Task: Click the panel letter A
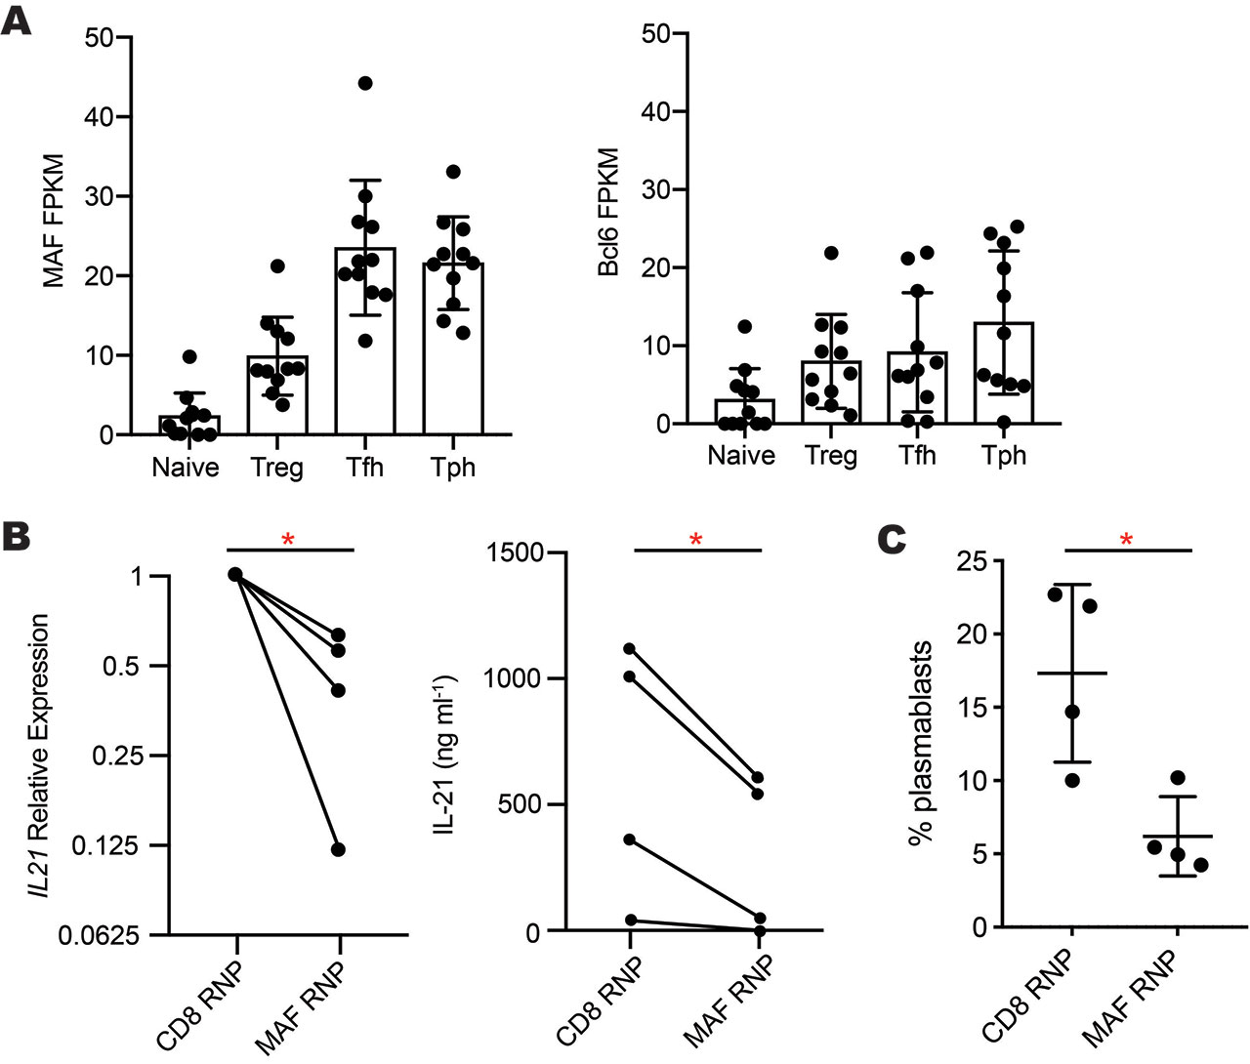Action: (x=17, y=19)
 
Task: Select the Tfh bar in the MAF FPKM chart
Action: (x=365, y=342)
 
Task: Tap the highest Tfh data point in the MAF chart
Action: (x=365, y=83)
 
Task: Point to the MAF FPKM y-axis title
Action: (x=54, y=220)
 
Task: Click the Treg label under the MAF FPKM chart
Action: (x=276, y=468)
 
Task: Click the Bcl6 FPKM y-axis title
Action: (x=608, y=212)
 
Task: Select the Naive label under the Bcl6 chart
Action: (x=741, y=456)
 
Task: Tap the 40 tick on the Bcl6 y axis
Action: (x=655, y=112)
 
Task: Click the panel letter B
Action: (x=17, y=536)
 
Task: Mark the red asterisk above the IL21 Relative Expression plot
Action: (x=288, y=540)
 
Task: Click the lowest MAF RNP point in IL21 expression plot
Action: (x=338, y=849)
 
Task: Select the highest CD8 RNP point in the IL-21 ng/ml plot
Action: (x=630, y=648)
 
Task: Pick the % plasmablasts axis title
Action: (x=920, y=741)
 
